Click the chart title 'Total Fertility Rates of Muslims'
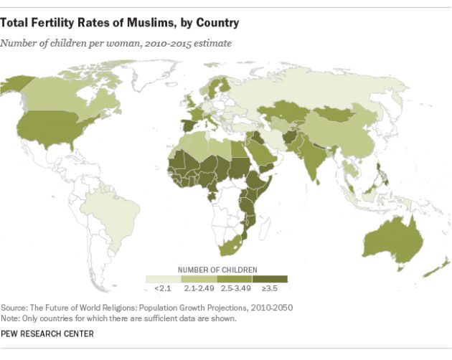pos(120,23)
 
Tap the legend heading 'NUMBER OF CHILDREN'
pos(216,269)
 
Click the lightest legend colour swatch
pos(164,279)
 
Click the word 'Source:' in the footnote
pos(15,307)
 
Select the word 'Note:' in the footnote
pos(12,317)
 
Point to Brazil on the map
pos(115,204)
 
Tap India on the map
pos(309,158)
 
